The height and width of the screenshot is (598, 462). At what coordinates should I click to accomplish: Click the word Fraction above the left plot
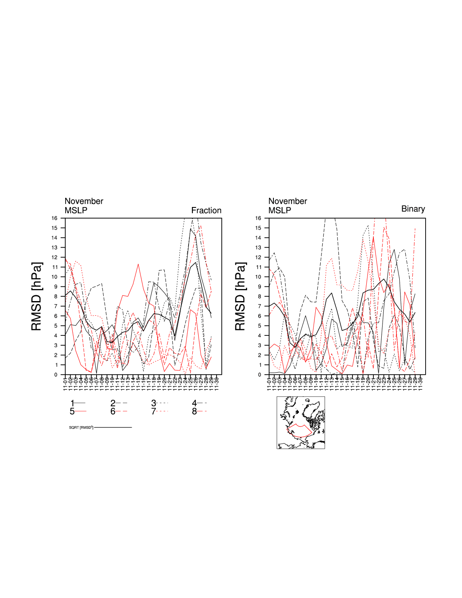click(x=206, y=210)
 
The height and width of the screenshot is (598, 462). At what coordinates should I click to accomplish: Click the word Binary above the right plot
click(x=413, y=209)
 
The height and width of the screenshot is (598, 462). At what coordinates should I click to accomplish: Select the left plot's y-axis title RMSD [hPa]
click(x=37, y=296)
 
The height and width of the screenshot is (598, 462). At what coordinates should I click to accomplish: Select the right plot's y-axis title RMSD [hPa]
click(x=240, y=296)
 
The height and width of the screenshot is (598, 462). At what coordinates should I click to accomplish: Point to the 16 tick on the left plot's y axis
click(x=54, y=218)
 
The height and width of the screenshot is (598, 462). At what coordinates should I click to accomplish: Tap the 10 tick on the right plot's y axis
click(x=258, y=277)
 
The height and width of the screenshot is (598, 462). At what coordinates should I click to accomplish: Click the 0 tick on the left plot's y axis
click(x=56, y=375)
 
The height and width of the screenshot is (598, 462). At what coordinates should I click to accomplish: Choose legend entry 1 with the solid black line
click(x=77, y=403)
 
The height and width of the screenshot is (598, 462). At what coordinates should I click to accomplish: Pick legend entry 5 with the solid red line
click(x=77, y=411)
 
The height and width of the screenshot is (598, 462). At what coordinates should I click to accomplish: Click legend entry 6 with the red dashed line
click(x=118, y=411)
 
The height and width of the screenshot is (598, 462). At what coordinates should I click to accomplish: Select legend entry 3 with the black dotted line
click(x=159, y=403)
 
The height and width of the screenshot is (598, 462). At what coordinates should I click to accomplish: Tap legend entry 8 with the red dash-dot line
click(x=199, y=411)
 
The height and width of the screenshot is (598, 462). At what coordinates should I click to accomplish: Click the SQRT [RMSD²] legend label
click(x=81, y=427)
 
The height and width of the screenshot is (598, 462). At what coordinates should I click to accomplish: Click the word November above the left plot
click(x=84, y=201)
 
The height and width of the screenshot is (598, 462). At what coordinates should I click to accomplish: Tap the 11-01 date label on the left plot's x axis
click(x=65, y=383)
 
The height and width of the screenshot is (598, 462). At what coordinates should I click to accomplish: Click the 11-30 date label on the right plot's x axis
click(x=420, y=383)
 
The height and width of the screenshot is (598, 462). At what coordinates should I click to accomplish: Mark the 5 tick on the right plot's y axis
click(x=259, y=326)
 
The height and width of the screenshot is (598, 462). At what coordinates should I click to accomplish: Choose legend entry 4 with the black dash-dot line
click(x=199, y=403)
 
